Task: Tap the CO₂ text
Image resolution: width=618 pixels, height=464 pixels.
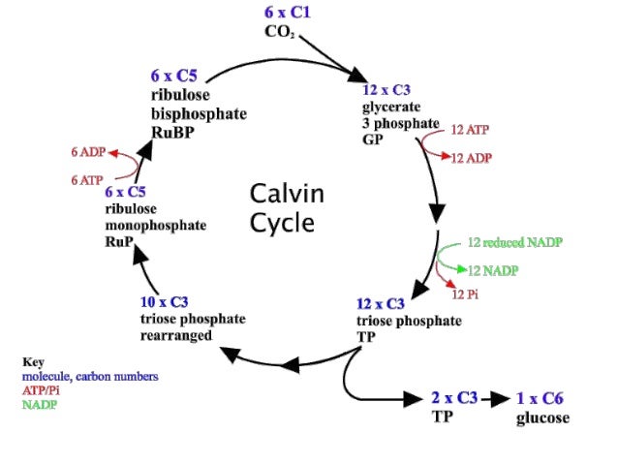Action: click(x=280, y=32)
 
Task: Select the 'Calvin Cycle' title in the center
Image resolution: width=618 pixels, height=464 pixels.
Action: click(x=287, y=207)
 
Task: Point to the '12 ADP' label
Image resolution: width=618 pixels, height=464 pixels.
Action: click(x=475, y=157)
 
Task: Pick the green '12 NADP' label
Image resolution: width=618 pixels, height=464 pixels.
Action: click(x=495, y=266)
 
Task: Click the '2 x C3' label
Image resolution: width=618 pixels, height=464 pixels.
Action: click(x=454, y=398)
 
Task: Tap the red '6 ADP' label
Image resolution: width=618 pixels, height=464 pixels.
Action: click(x=87, y=153)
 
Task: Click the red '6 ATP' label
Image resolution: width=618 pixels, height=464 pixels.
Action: click(x=87, y=180)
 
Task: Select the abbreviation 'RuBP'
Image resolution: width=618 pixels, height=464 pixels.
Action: click(x=171, y=131)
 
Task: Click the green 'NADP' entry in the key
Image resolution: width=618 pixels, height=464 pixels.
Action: click(x=41, y=404)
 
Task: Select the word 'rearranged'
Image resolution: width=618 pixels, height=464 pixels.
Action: click(x=176, y=335)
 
